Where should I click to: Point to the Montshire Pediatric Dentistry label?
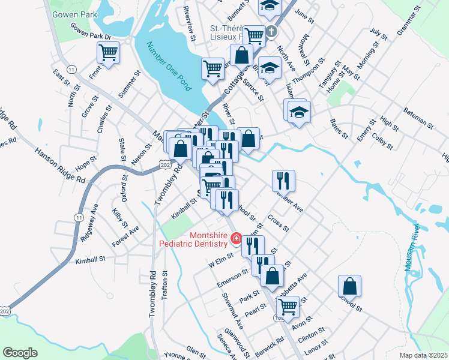click(x=193, y=239)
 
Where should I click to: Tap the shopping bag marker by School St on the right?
click(x=349, y=286)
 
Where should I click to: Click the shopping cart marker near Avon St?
click(x=288, y=307)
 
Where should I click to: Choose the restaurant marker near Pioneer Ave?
click(x=283, y=179)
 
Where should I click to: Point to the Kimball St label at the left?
click(x=90, y=260)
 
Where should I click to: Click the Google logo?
click(x=20, y=353)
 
